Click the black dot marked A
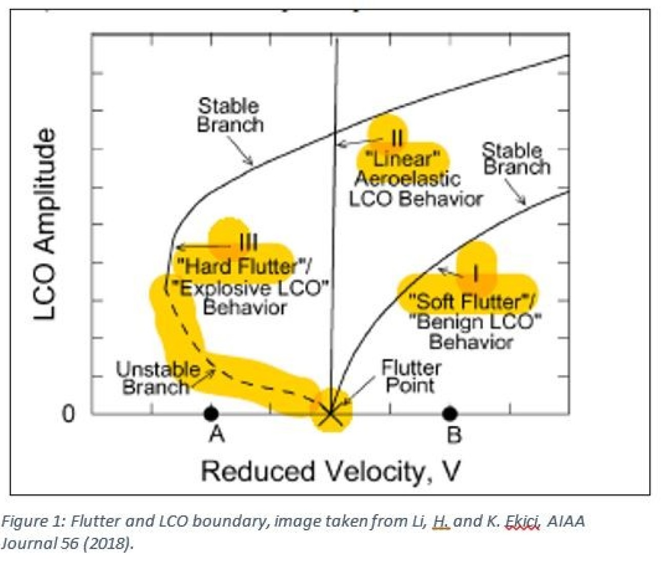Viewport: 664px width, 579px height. [x=210, y=413]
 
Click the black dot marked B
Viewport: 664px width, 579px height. [x=450, y=413]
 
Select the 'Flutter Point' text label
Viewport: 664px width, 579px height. [x=411, y=377]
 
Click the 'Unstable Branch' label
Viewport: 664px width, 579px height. [x=156, y=378]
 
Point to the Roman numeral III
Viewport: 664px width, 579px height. [x=248, y=242]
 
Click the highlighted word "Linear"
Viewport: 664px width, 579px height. [x=402, y=159]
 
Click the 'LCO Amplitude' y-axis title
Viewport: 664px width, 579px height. [x=45, y=224]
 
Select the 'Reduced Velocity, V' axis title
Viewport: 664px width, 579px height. [x=330, y=471]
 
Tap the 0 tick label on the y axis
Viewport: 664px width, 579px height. [x=68, y=413]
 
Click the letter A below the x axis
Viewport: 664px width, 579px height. [x=217, y=434]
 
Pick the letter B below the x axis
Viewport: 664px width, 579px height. [x=454, y=434]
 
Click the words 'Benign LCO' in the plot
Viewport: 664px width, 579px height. [x=475, y=322]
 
